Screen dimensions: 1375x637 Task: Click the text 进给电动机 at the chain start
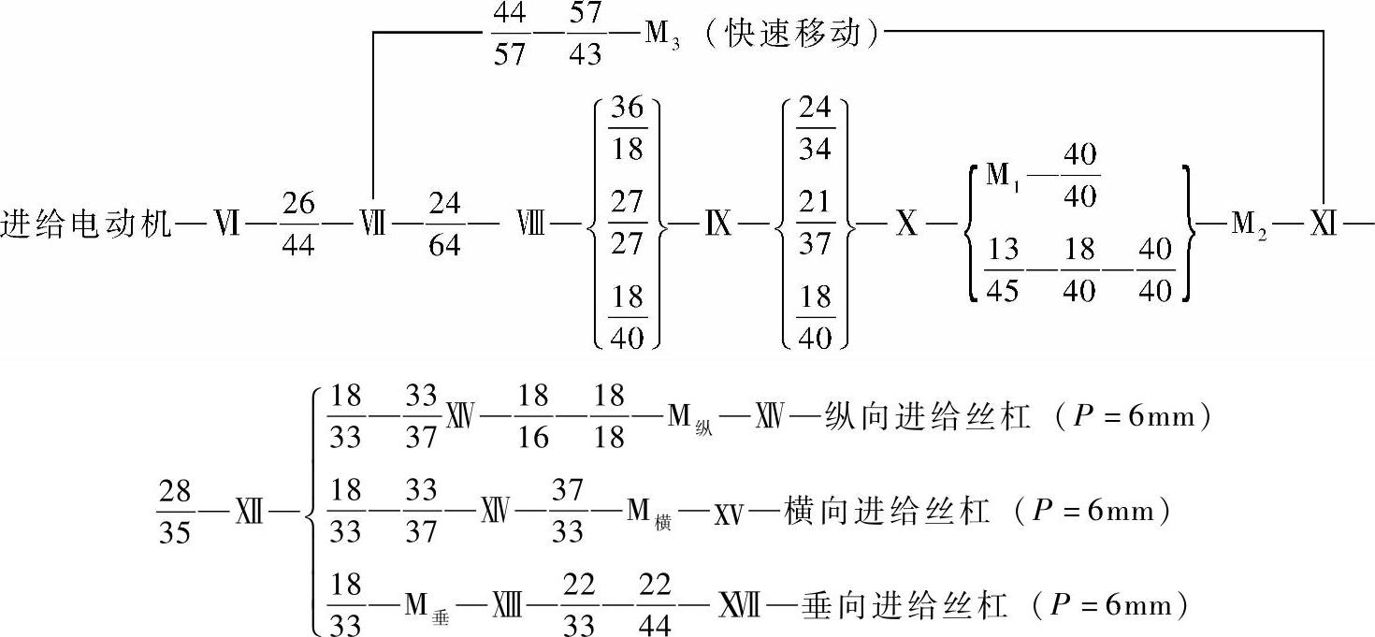(86, 225)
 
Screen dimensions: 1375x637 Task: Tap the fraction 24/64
(443, 225)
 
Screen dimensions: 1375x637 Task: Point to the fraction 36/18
(627, 128)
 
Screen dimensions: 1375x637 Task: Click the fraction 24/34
(815, 128)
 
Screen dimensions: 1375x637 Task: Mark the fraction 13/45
(1002, 271)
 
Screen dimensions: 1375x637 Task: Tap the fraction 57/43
(585, 36)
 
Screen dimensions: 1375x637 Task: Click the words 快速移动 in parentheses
(791, 36)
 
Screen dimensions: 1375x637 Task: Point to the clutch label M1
(994, 177)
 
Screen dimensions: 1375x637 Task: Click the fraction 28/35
(175, 511)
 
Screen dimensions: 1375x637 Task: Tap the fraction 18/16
(533, 417)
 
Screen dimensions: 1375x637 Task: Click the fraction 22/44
(656, 605)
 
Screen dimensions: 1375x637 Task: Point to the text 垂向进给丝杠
(904, 605)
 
